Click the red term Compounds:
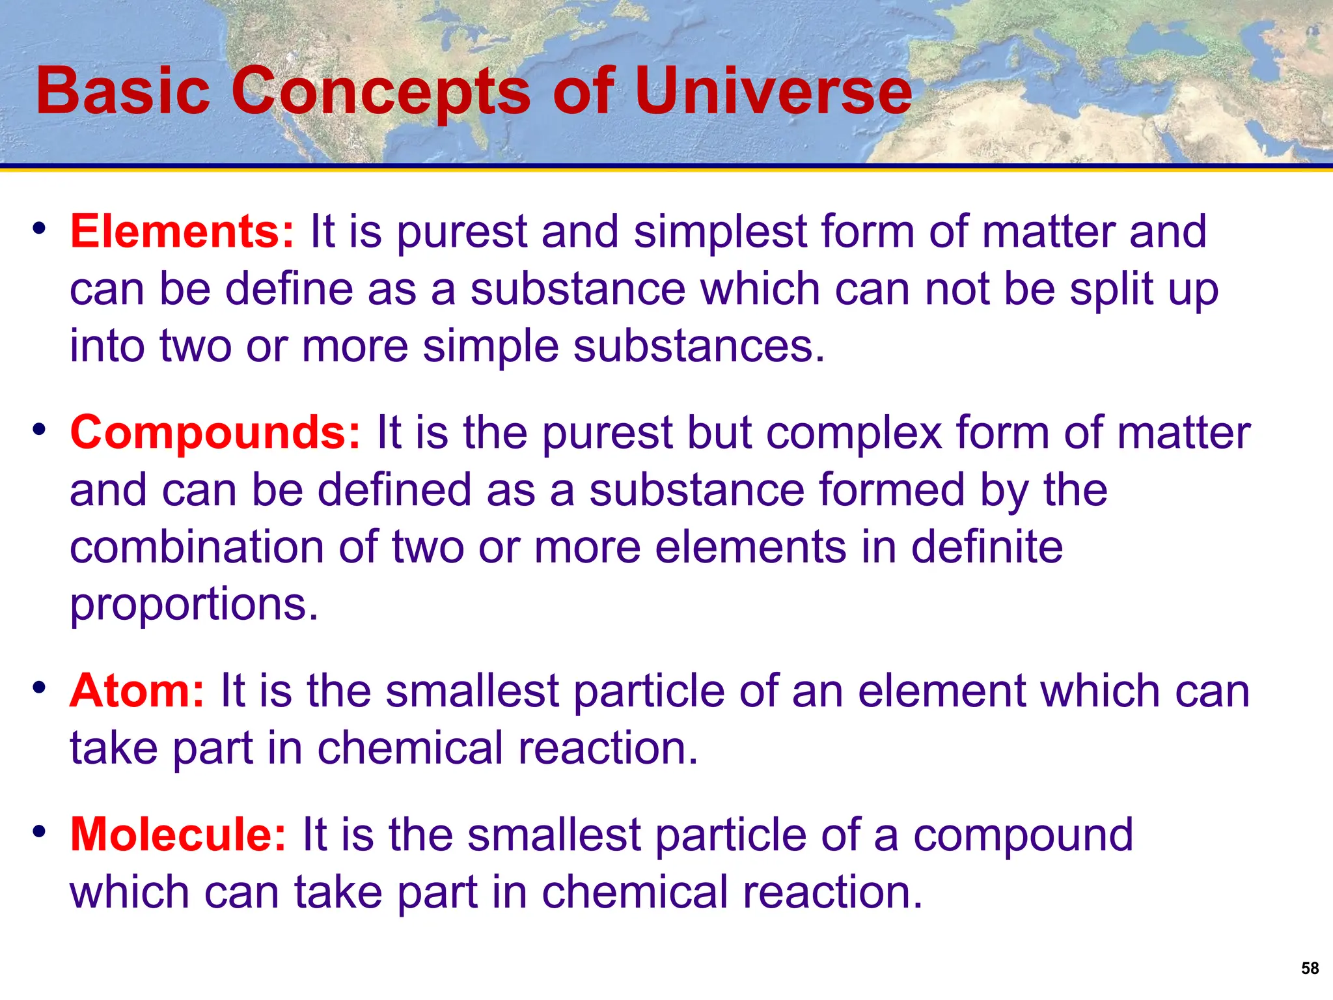coord(215,433)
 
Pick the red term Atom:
coord(137,691)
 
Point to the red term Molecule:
coord(178,835)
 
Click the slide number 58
coord(1310,969)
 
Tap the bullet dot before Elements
coord(40,229)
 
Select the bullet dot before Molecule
coord(40,831)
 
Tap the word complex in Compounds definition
coord(853,434)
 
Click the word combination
coord(196,548)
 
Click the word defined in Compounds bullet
coord(394,490)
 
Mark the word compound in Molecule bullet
coord(1023,836)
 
